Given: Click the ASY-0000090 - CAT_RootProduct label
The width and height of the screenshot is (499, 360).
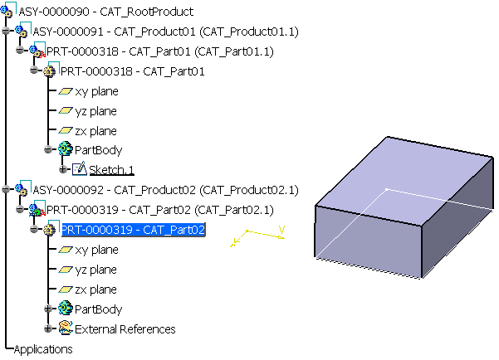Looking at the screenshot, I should pyautogui.click(x=111, y=12).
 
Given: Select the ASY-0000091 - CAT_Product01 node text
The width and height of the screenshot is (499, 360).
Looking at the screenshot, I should pyautogui.click(x=165, y=32).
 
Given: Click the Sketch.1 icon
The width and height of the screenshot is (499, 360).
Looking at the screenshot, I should pyautogui.click(x=79, y=169).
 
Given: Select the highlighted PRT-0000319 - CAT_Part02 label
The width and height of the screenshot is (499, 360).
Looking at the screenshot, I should pyautogui.click(x=133, y=230).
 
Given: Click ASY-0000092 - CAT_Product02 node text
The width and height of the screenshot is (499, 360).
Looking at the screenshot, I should pyautogui.click(x=165, y=190).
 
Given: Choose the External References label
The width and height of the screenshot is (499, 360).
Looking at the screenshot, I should pyautogui.click(x=125, y=329).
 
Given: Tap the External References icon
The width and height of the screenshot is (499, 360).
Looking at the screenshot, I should pyautogui.click(x=65, y=328).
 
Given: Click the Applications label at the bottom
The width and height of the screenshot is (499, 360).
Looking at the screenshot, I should pyautogui.click(x=43, y=349).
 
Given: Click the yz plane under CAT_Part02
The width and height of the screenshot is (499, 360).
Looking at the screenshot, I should pyautogui.click(x=95, y=270).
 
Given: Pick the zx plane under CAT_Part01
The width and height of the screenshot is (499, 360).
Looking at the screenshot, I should pyautogui.click(x=95, y=131).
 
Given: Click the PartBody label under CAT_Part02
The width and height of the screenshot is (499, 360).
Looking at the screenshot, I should pyautogui.click(x=98, y=309).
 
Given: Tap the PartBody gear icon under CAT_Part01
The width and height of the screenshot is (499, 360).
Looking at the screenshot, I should pyautogui.click(x=65, y=149).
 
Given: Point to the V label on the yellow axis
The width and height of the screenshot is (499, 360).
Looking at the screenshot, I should pyautogui.click(x=282, y=229).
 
